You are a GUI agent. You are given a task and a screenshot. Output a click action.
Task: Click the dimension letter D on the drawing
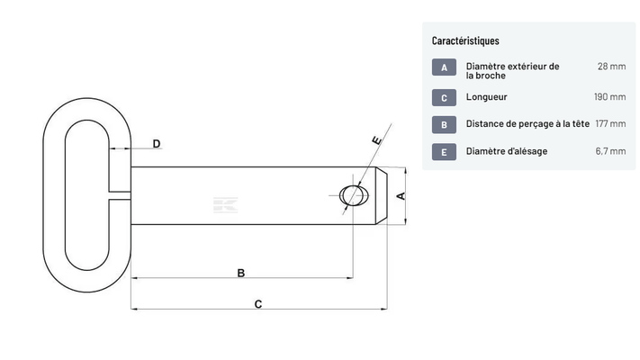157,144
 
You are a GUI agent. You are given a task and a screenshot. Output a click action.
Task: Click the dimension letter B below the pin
241,273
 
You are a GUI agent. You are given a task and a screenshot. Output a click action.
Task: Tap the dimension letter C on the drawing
258,304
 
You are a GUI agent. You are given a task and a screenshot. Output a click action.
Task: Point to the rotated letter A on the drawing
401,196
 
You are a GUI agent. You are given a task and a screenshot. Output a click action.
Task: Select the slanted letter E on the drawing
377,140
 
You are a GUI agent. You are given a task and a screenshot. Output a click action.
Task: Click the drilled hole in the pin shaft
354,195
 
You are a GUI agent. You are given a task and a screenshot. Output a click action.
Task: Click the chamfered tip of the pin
382,195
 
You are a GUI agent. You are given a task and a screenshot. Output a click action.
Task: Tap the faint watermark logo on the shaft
225,205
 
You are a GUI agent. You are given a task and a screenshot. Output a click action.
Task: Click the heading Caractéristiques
465,40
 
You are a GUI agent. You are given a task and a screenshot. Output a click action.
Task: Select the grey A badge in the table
444,67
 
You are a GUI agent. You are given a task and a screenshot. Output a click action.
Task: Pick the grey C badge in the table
444,97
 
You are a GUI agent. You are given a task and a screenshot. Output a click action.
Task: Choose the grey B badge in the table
444,125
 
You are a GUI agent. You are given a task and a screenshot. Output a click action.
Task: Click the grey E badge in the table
444,152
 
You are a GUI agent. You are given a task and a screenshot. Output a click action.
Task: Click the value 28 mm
611,66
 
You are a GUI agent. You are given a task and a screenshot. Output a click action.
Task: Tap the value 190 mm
609,96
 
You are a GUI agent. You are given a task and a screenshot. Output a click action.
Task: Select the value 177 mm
610,123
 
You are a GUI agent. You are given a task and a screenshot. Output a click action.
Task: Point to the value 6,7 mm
610,151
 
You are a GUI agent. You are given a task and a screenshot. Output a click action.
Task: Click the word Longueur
487,97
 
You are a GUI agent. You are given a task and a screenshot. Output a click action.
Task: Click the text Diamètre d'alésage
507,151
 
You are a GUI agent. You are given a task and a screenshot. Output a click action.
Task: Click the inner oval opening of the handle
87,195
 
